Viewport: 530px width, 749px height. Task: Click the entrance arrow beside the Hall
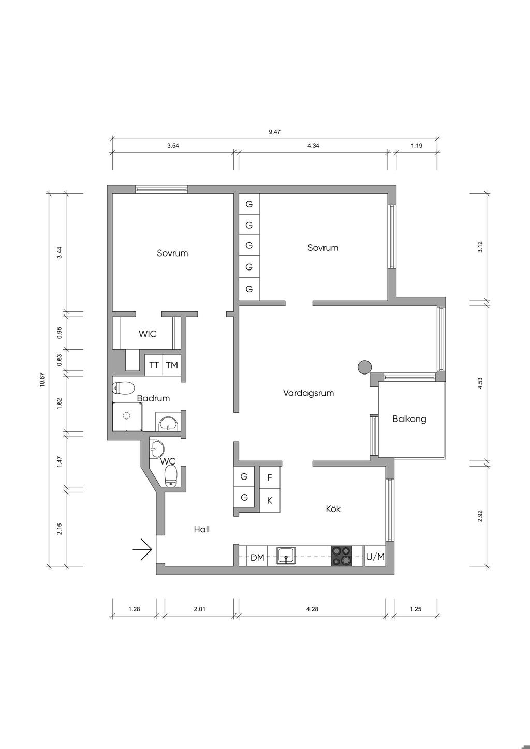(x=143, y=549)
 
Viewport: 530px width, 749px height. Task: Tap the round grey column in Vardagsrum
(x=364, y=367)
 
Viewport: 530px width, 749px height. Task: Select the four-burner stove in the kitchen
(x=342, y=556)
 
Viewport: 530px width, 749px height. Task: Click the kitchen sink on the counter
(x=286, y=556)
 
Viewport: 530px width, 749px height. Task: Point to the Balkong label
(x=409, y=419)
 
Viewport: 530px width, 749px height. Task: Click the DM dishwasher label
(x=257, y=558)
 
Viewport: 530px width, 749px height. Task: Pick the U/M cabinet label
(x=375, y=557)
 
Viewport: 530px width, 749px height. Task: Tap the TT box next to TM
(x=154, y=365)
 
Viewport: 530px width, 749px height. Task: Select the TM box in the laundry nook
(x=172, y=365)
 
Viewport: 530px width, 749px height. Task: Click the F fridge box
(x=270, y=477)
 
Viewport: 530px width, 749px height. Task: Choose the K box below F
(x=270, y=500)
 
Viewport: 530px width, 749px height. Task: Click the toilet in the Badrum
(x=124, y=388)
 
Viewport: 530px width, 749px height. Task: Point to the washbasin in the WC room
(x=157, y=448)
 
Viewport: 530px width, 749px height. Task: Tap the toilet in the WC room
(x=171, y=476)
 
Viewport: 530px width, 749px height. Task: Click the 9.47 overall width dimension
(x=275, y=132)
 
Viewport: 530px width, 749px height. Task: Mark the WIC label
(x=148, y=334)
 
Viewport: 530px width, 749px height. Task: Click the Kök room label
(x=333, y=508)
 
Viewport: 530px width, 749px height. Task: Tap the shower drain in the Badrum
(x=126, y=416)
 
